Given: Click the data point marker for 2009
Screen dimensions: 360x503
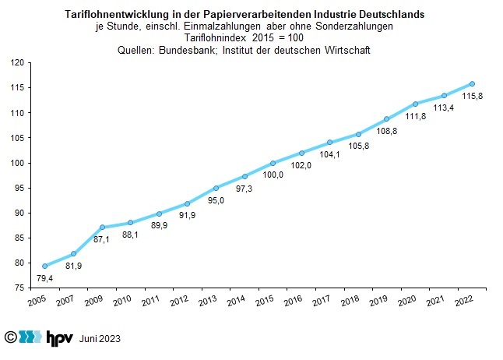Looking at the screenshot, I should [x=102, y=227].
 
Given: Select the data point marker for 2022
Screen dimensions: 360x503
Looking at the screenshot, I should [x=473, y=83].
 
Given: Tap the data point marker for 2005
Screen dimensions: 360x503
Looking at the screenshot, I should [x=44, y=266].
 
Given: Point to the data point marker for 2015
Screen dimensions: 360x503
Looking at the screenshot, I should [x=273, y=163].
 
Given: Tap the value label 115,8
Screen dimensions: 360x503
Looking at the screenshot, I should [x=473, y=97].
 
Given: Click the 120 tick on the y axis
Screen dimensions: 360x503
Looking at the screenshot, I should [x=22, y=63].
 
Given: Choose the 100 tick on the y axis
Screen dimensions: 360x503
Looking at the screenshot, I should [x=22, y=163].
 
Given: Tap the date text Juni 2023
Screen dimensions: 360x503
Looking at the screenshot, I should [x=100, y=339].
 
